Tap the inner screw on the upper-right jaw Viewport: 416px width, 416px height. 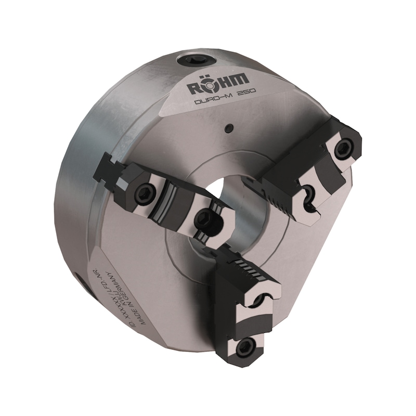point(308,192)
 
